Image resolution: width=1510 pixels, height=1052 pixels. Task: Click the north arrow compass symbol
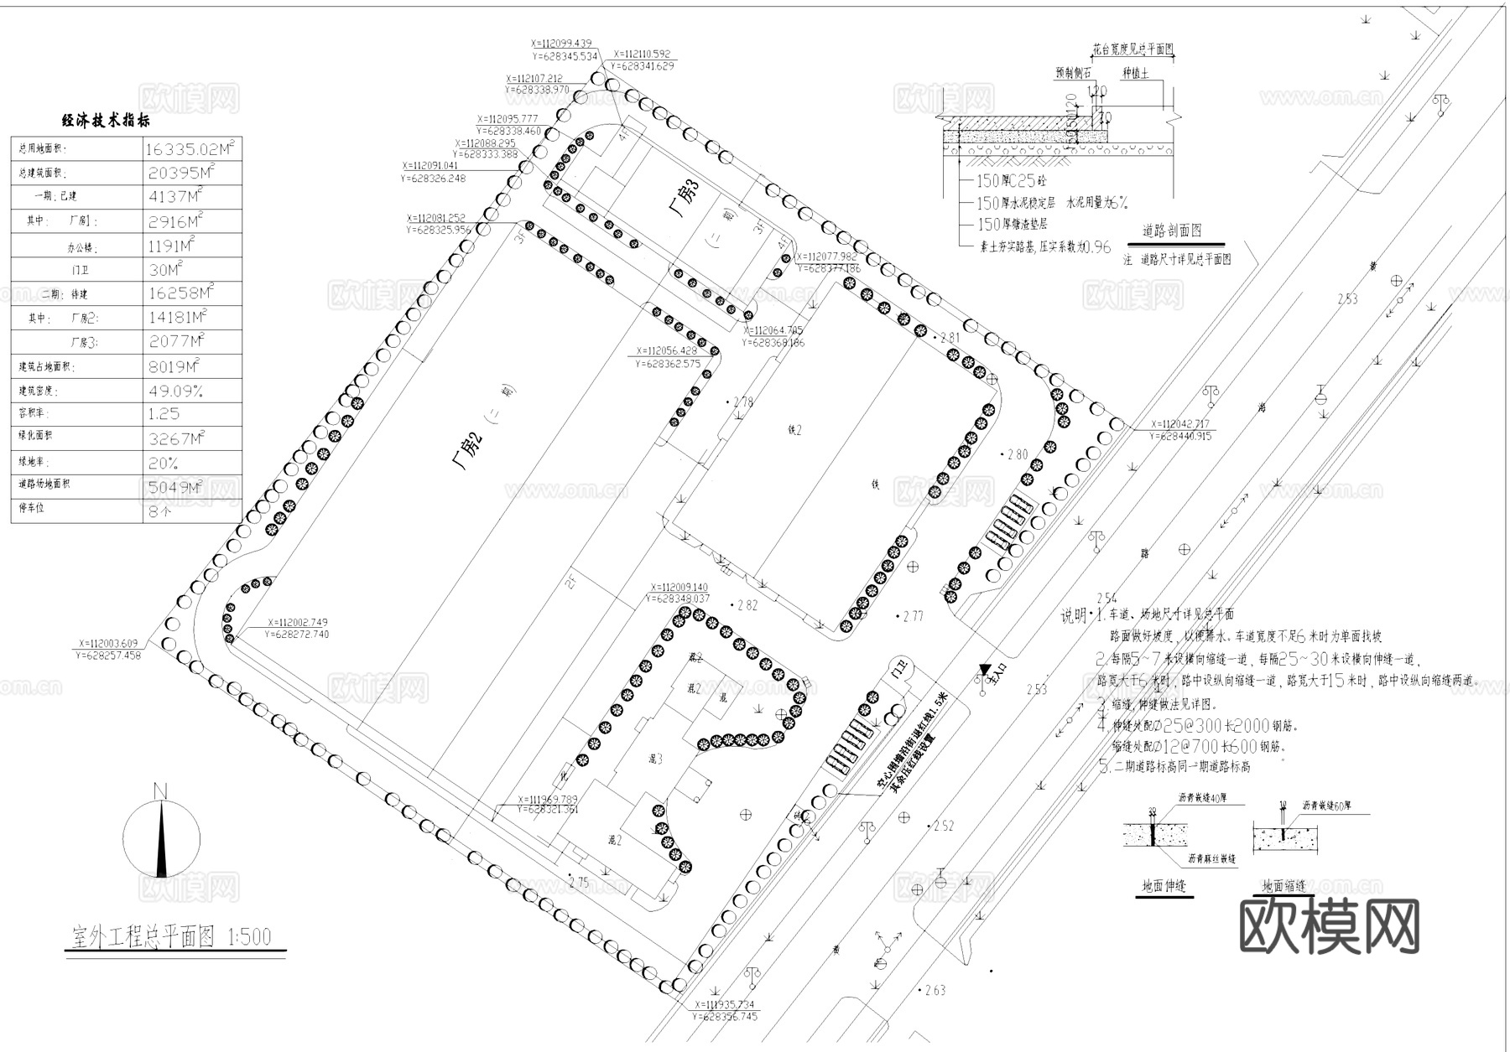[x=161, y=838]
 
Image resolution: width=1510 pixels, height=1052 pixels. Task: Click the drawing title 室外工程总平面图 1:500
[x=172, y=936]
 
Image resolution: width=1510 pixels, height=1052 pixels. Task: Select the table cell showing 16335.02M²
[x=191, y=149]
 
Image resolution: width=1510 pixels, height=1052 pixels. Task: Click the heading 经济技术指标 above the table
[x=107, y=121]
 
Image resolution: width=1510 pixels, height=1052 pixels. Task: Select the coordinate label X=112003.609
[x=107, y=644]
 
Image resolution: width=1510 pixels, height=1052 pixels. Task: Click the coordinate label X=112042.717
[x=1180, y=424]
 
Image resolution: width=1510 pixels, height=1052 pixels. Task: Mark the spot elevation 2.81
[x=950, y=338]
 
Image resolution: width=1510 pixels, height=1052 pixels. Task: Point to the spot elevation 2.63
[x=935, y=990]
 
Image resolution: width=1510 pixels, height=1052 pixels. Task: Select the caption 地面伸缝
[x=1164, y=885]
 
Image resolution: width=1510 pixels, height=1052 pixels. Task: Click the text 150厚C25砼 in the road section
[x=1011, y=180]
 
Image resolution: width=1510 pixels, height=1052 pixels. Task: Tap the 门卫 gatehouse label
[x=901, y=671]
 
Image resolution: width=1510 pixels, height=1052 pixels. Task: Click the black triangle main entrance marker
[x=984, y=670]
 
